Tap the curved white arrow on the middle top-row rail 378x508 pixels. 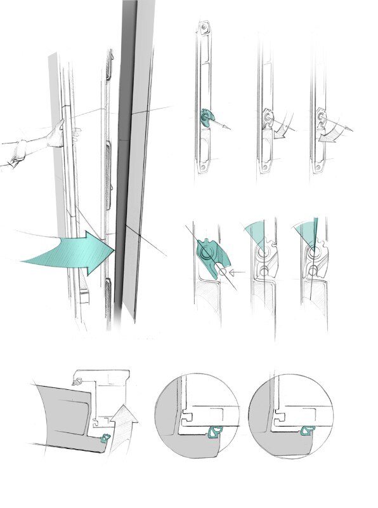tap(283, 126)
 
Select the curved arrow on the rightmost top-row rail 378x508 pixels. tap(334, 131)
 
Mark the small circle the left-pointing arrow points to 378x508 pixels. tap(223, 272)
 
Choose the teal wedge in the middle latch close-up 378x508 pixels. tap(256, 232)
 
